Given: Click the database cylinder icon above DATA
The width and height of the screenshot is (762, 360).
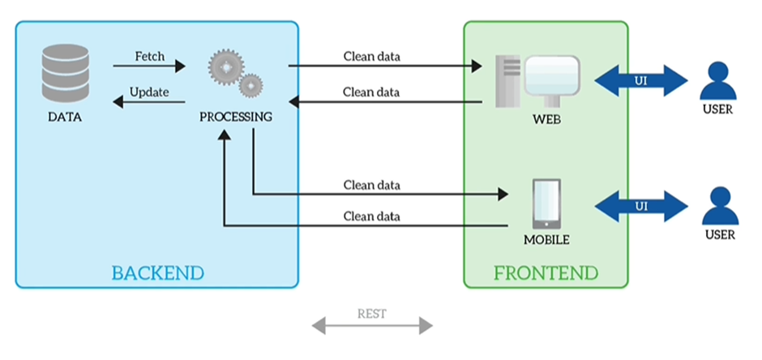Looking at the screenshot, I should coord(66,74).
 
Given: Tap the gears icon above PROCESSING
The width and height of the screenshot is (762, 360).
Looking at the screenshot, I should coord(236,74).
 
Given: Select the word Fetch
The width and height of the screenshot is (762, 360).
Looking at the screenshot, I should coord(149,57).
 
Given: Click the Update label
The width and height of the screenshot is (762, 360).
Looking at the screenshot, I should coord(149,92).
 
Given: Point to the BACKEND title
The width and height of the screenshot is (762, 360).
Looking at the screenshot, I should coord(157,271).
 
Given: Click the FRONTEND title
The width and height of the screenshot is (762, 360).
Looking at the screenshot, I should coord(546,271).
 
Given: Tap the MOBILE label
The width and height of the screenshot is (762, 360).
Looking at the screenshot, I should coord(546,240).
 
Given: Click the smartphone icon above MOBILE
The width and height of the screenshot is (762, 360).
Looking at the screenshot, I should coord(546,204).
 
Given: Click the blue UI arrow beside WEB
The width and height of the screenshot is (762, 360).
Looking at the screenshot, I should coord(641,81).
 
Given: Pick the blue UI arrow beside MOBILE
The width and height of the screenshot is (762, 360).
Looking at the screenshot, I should coord(641,205).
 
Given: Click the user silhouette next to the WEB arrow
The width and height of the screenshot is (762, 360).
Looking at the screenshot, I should coord(717,80).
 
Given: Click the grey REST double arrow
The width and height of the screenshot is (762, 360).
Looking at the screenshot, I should coord(372,327).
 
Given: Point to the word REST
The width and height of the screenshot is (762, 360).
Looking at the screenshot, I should coord(372,313).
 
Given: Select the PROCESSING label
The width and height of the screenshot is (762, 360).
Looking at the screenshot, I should coord(236,117).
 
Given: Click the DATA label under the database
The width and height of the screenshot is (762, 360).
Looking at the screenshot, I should coord(65,117).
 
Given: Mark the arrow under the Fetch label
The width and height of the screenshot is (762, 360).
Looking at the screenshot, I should coord(149,66).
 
